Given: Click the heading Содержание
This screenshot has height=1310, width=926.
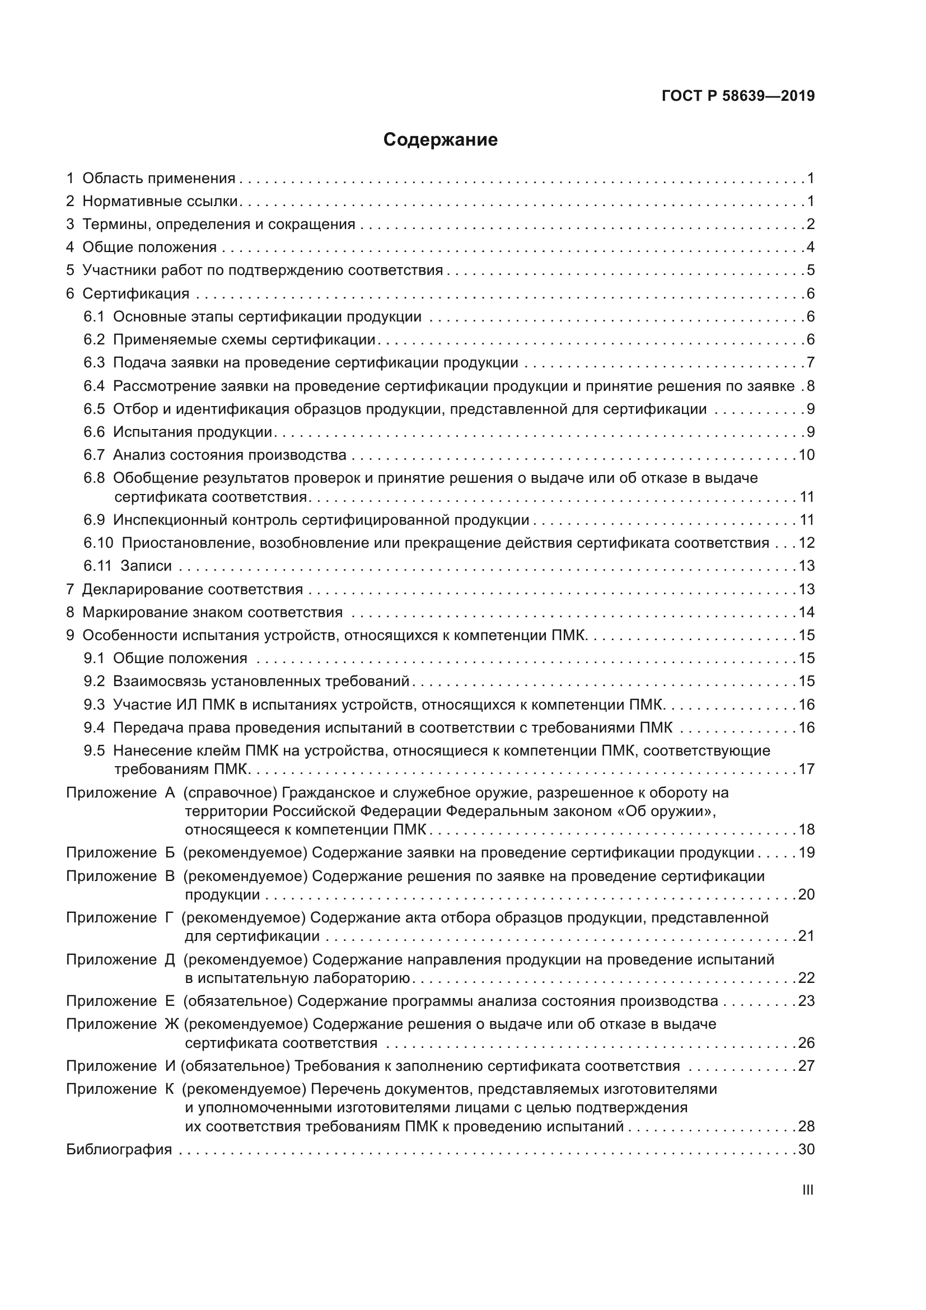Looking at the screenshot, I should click(x=440, y=140).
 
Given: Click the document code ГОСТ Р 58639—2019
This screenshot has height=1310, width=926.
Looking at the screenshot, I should click(x=738, y=96).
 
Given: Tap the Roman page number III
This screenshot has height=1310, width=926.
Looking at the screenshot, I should click(x=807, y=1190).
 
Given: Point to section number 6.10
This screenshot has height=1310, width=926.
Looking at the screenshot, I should click(x=98, y=543).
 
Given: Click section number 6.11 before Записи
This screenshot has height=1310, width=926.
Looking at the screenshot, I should click(x=97, y=566).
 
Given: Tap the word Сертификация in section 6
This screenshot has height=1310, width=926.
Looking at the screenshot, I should click(x=135, y=294).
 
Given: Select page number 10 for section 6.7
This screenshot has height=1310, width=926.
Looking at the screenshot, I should click(x=806, y=455).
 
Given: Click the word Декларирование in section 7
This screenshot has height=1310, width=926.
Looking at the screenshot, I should click(x=143, y=589).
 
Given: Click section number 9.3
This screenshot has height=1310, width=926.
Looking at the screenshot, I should click(x=94, y=705).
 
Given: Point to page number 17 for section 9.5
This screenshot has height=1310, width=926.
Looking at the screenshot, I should click(x=806, y=769).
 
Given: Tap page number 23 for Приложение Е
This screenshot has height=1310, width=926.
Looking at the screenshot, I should click(x=806, y=1001).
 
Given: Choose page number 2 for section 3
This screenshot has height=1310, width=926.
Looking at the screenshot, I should click(x=810, y=224).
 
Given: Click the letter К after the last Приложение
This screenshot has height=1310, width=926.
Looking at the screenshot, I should click(x=169, y=1089).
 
